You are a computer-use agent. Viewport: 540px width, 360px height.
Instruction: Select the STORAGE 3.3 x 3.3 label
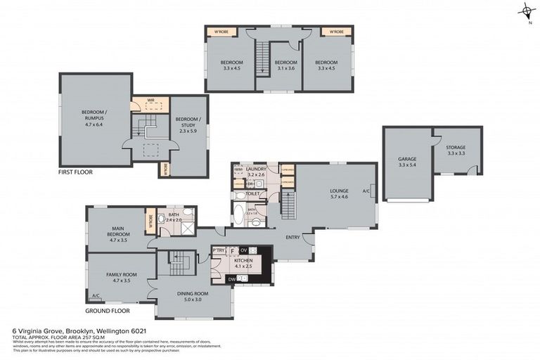[456, 150]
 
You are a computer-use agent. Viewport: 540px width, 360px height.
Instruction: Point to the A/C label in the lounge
[366, 191]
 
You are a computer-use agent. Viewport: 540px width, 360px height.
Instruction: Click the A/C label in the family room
[95, 295]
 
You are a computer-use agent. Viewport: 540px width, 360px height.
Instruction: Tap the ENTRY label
[293, 237]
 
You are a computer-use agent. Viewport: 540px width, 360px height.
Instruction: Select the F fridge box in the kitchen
[232, 250]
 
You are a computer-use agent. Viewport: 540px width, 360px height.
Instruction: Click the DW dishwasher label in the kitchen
[232, 278]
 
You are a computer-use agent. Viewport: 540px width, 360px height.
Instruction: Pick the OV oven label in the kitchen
[244, 250]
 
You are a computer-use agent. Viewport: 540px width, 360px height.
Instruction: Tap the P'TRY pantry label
[218, 250]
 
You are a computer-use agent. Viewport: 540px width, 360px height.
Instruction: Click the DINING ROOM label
[193, 295]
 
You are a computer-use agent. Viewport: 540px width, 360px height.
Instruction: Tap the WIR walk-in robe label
[150, 101]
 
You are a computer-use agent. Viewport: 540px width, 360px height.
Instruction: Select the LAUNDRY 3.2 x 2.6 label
[255, 171]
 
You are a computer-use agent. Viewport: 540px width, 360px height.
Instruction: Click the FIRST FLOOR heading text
[76, 172]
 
